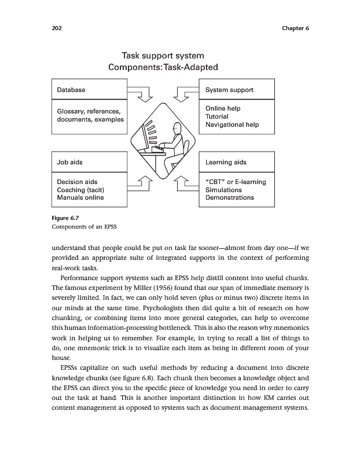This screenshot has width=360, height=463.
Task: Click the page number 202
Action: [x=56, y=28]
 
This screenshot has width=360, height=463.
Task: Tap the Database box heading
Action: [x=71, y=90]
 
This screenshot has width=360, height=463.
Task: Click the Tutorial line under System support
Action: [x=217, y=116]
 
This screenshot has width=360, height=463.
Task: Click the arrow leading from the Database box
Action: [x=141, y=93]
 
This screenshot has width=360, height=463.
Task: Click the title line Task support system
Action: [x=163, y=56]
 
